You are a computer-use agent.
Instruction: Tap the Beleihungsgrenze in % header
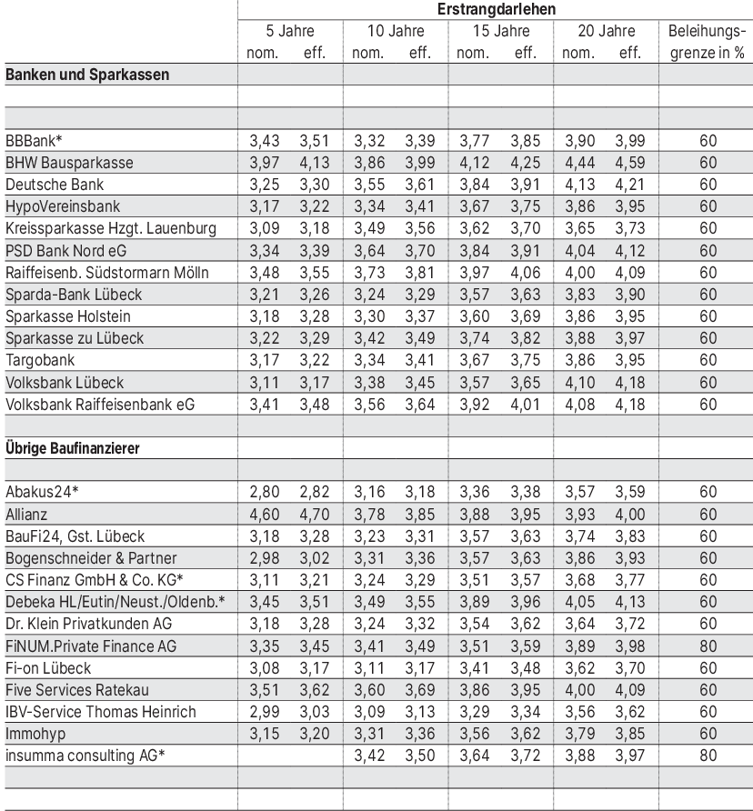pos(706,42)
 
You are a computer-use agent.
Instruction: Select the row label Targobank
pos(43,360)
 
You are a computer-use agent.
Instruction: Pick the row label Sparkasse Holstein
pos(68,316)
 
